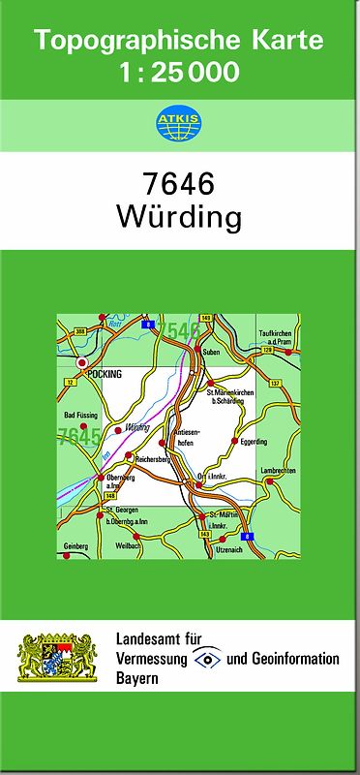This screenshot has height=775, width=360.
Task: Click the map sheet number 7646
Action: pyautogui.click(x=179, y=183)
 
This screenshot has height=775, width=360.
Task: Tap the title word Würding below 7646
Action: pyautogui.click(x=179, y=216)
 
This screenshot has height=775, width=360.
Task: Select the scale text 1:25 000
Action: pyautogui.click(x=179, y=71)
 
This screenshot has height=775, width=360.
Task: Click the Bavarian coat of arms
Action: pyautogui.click(x=57, y=659)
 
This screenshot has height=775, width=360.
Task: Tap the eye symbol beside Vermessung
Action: pyautogui.click(x=207, y=659)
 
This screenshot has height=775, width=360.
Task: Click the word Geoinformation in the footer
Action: pyautogui.click(x=294, y=659)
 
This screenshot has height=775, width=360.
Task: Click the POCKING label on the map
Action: pyautogui.click(x=104, y=373)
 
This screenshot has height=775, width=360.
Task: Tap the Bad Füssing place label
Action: pyautogui.click(x=80, y=417)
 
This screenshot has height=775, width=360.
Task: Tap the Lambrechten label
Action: pyautogui.click(x=279, y=470)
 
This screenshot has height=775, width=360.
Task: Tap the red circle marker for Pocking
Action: pyautogui.click(x=82, y=363)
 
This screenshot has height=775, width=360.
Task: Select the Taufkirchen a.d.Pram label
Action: pyautogui.click(x=275, y=339)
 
